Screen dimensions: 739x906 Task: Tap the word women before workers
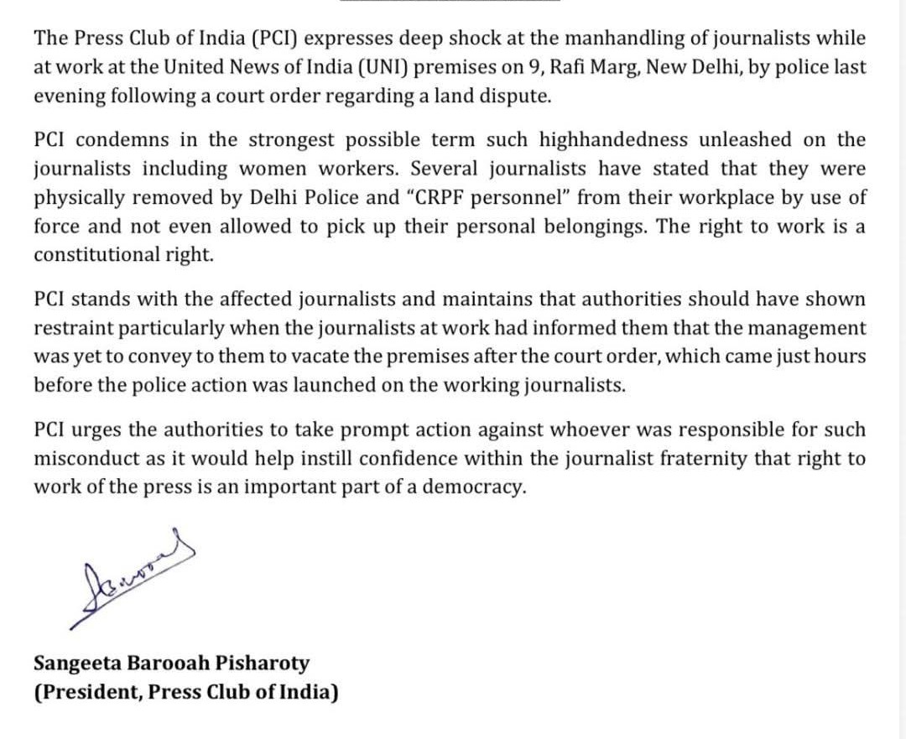coord(279,169)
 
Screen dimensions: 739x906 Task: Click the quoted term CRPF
coord(435,198)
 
